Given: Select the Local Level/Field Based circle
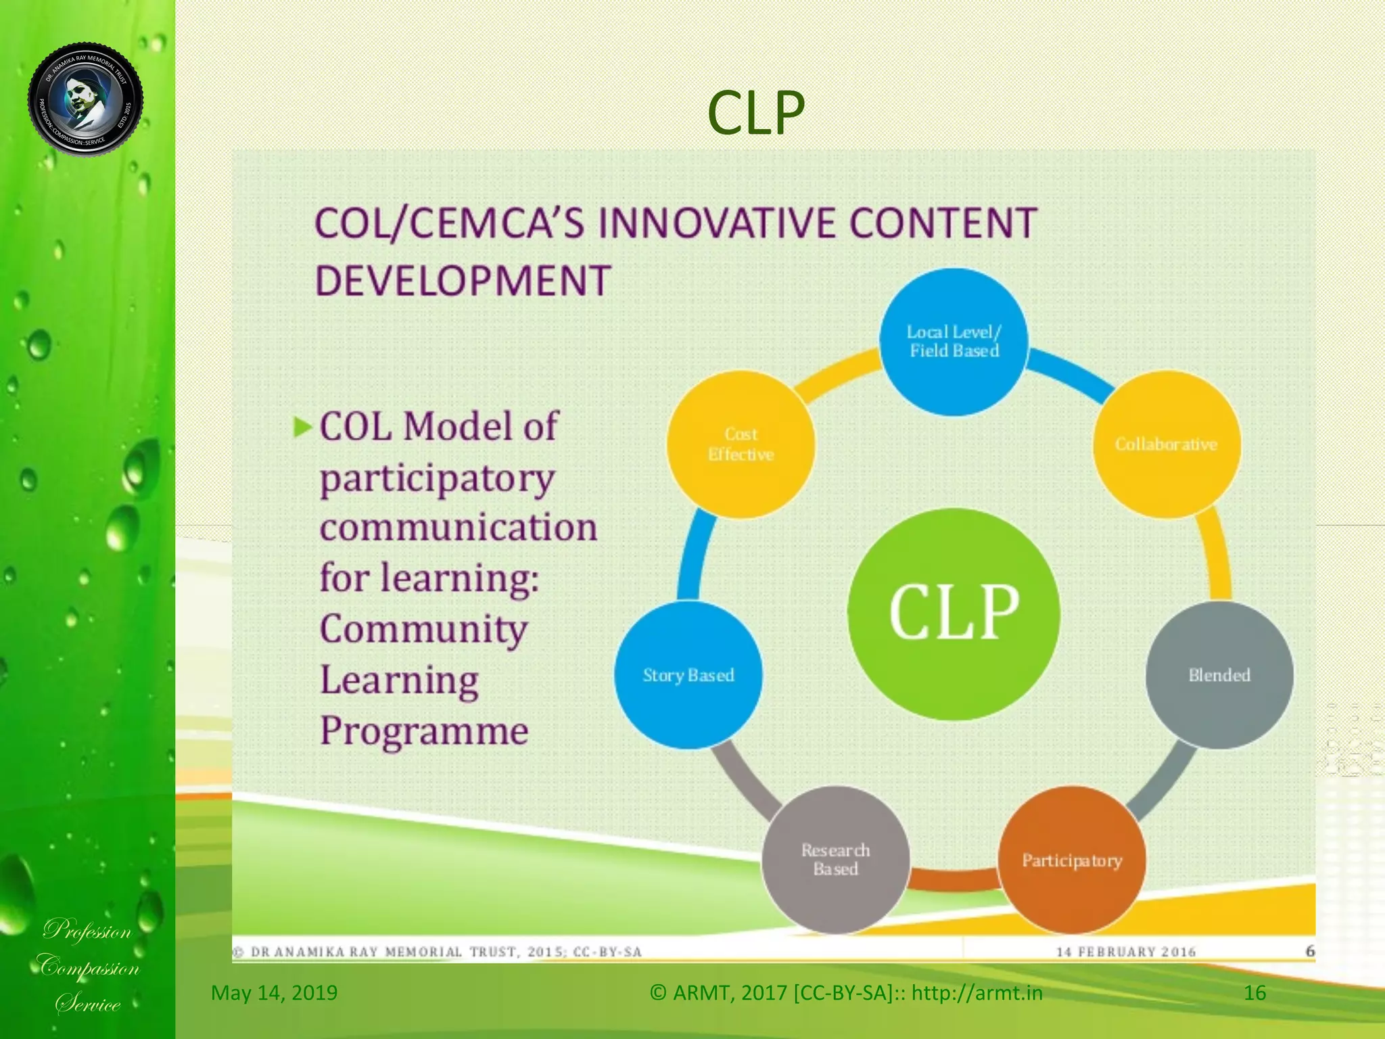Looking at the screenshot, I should pos(954,342).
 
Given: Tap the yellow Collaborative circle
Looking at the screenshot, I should pos(1167,444).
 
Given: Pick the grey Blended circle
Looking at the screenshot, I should pos(1219,674).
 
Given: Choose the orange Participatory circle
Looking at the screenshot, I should pos(1072,860).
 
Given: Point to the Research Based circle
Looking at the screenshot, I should pos(835,860).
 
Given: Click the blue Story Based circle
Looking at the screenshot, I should pos(688,674).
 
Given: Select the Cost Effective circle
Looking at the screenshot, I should pos(741,444).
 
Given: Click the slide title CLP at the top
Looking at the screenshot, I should pos(756,113).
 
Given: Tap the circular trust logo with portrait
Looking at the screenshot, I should pos(85,99).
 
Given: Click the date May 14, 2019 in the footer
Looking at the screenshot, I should pos(274,992).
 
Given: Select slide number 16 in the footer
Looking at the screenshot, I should pos(1254,992).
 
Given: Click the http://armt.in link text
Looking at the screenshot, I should pos(977,992).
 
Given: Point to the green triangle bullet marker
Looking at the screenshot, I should pos(302,428).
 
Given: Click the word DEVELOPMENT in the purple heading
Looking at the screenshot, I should pos(463,281).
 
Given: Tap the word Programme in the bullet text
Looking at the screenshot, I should pos(424,731).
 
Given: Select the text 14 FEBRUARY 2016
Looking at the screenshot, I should pos(1125,952).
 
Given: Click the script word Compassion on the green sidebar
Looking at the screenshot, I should pos(88,967).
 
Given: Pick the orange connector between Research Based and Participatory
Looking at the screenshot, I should pos(954,880).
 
